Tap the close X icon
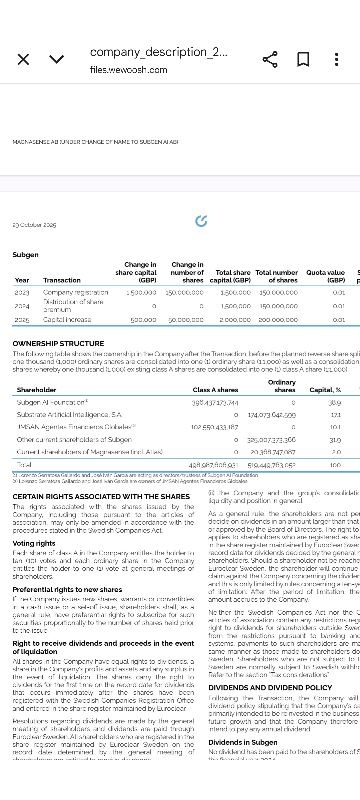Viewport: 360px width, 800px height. click(x=23, y=60)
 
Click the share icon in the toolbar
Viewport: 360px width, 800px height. click(x=270, y=59)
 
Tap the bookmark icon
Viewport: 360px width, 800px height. click(x=303, y=59)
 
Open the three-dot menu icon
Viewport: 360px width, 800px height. click(x=337, y=59)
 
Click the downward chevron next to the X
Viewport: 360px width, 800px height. click(x=57, y=59)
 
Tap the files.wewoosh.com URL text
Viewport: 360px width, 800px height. click(x=128, y=70)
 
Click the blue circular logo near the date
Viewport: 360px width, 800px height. click(x=201, y=221)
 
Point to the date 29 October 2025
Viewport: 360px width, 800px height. click(x=34, y=225)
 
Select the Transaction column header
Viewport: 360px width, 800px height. click(x=62, y=280)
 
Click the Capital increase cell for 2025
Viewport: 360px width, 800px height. click(x=67, y=320)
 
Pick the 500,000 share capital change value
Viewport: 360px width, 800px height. click(x=143, y=320)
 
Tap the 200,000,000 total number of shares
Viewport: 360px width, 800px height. click(x=278, y=320)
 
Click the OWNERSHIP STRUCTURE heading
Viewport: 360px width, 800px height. click(x=58, y=344)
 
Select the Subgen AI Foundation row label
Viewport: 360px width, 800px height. click(x=51, y=402)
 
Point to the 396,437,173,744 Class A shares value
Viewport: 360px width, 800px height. click(x=215, y=403)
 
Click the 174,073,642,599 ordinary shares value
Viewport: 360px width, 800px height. click(x=272, y=415)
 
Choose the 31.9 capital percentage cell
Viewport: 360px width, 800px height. click(x=335, y=440)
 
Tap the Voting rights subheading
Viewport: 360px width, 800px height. click(x=34, y=543)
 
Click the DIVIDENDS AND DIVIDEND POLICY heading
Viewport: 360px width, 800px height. click(x=270, y=688)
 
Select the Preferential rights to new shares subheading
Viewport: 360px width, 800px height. click(x=67, y=590)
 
